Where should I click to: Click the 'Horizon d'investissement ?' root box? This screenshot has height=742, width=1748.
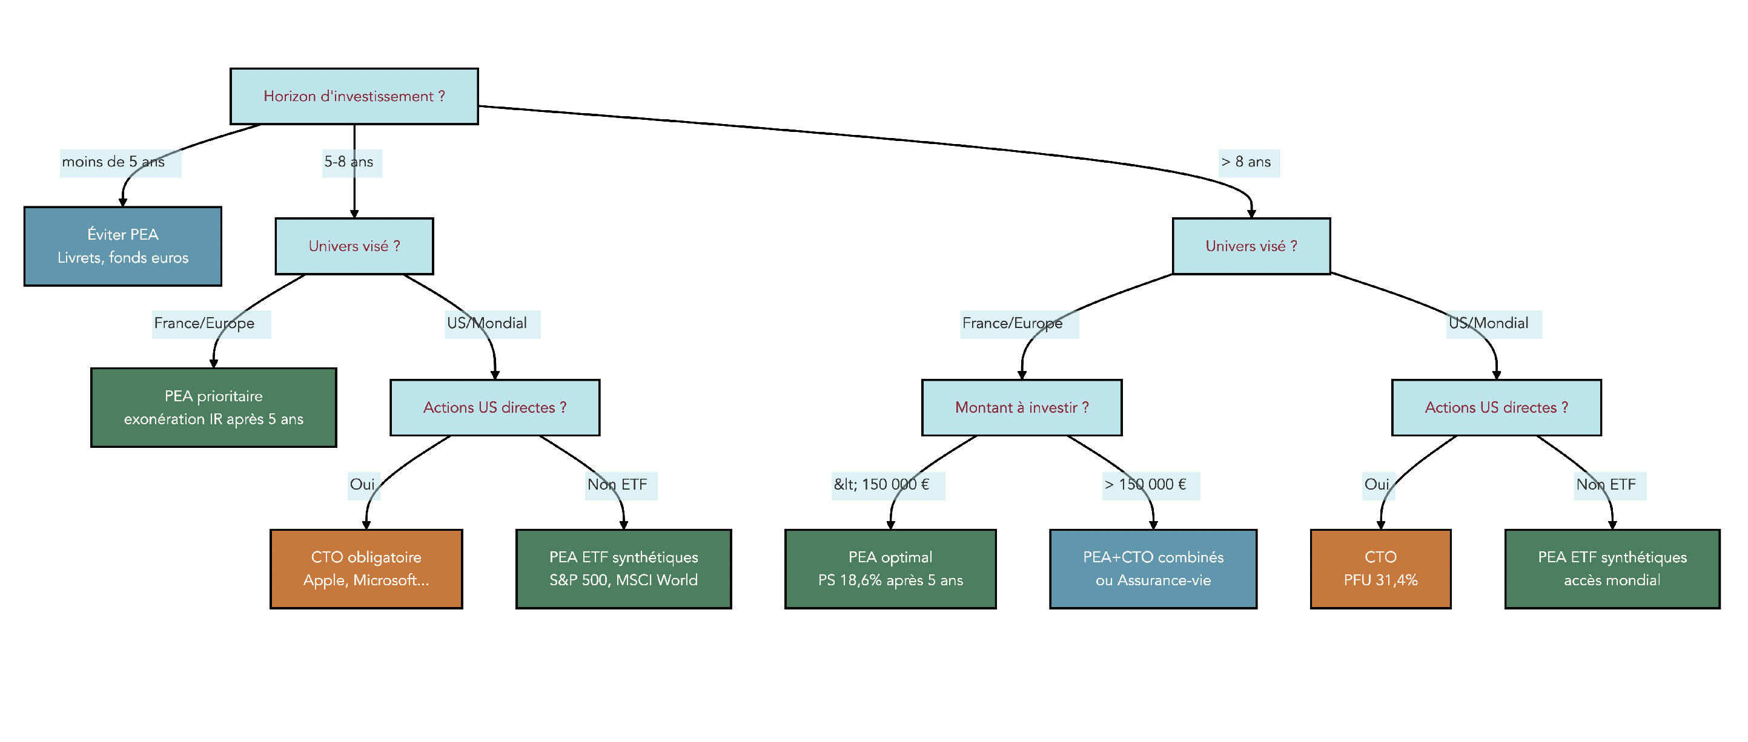point(354,96)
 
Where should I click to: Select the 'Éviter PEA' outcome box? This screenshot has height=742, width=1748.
point(123,246)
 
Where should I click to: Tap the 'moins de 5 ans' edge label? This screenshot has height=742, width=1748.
point(113,162)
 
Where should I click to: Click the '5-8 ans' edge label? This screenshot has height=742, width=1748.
point(349,162)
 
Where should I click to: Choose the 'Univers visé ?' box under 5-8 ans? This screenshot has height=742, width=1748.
point(354,246)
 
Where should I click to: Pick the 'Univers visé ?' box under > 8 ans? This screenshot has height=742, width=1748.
point(1251,246)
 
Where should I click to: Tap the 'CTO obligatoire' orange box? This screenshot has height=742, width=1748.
point(366,569)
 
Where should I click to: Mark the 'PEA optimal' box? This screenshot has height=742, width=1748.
point(890,569)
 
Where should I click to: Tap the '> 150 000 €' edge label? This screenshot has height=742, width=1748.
point(1145,485)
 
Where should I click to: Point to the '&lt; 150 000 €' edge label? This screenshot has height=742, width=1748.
point(881,485)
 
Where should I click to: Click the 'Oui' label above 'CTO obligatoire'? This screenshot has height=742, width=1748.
point(362,485)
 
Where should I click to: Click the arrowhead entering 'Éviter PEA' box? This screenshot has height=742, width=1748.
point(123,202)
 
